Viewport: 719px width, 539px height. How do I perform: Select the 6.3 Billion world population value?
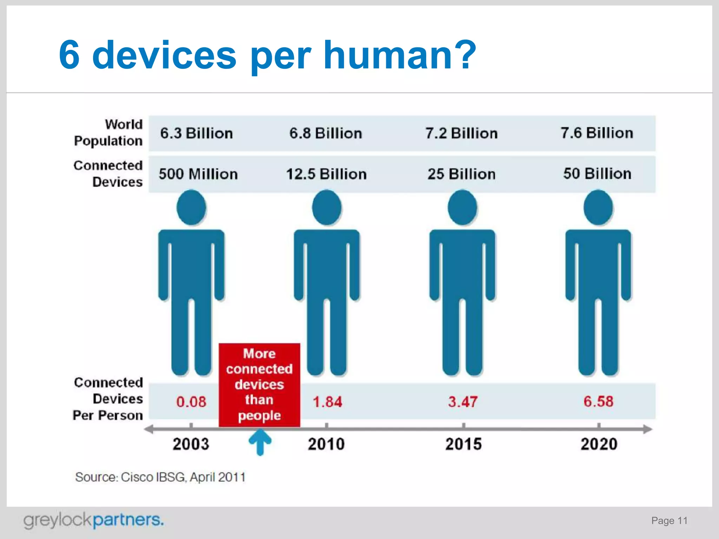197,133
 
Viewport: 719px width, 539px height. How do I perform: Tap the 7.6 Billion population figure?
597,133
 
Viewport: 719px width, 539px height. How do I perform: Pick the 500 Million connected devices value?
198,174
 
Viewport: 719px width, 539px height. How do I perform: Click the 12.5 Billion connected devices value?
326,174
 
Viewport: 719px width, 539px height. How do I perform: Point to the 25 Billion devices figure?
461,174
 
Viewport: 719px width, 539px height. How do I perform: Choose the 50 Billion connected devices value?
597,174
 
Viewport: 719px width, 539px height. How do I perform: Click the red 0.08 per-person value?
191,402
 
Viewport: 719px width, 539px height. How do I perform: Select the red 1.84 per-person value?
327,402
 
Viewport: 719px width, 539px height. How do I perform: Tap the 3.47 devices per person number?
462,402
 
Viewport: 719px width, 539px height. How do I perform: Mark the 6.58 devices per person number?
598,401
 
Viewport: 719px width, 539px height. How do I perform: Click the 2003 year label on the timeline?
191,444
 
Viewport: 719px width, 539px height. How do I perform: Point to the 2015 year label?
463,444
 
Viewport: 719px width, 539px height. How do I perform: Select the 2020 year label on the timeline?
599,444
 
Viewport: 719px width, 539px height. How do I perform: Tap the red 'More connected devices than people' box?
259,385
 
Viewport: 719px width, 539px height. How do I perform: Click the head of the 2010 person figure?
327,207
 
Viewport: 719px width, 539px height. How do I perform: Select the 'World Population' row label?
108,133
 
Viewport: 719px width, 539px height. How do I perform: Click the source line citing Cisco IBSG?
160,477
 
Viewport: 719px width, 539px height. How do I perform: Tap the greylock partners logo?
93,520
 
